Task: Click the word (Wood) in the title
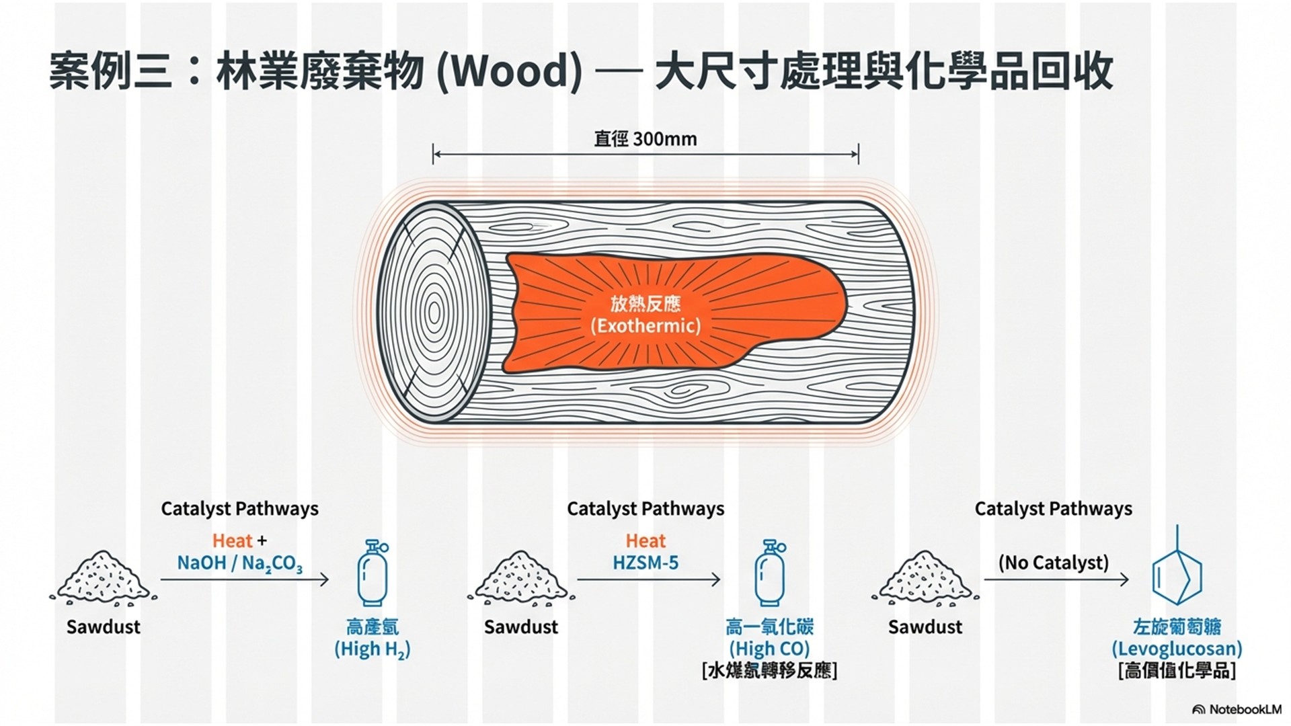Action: coord(509,72)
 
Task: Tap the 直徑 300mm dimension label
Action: coord(645,139)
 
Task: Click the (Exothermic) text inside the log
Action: coord(645,326)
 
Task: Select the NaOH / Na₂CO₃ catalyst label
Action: coord(239,563)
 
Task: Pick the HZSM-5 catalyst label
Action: coord(645,563)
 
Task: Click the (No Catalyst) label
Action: coord(1053,563)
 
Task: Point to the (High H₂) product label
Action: coord(373,649)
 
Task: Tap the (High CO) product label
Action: coord(769,649)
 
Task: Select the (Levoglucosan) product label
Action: coord(1176,649)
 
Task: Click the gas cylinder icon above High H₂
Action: coord(373,573)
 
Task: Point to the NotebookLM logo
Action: coord(1237,710)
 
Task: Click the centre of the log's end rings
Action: coord(434,313)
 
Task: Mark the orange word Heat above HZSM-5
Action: coord(645,541)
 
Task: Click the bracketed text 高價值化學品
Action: coord(1177,671)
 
